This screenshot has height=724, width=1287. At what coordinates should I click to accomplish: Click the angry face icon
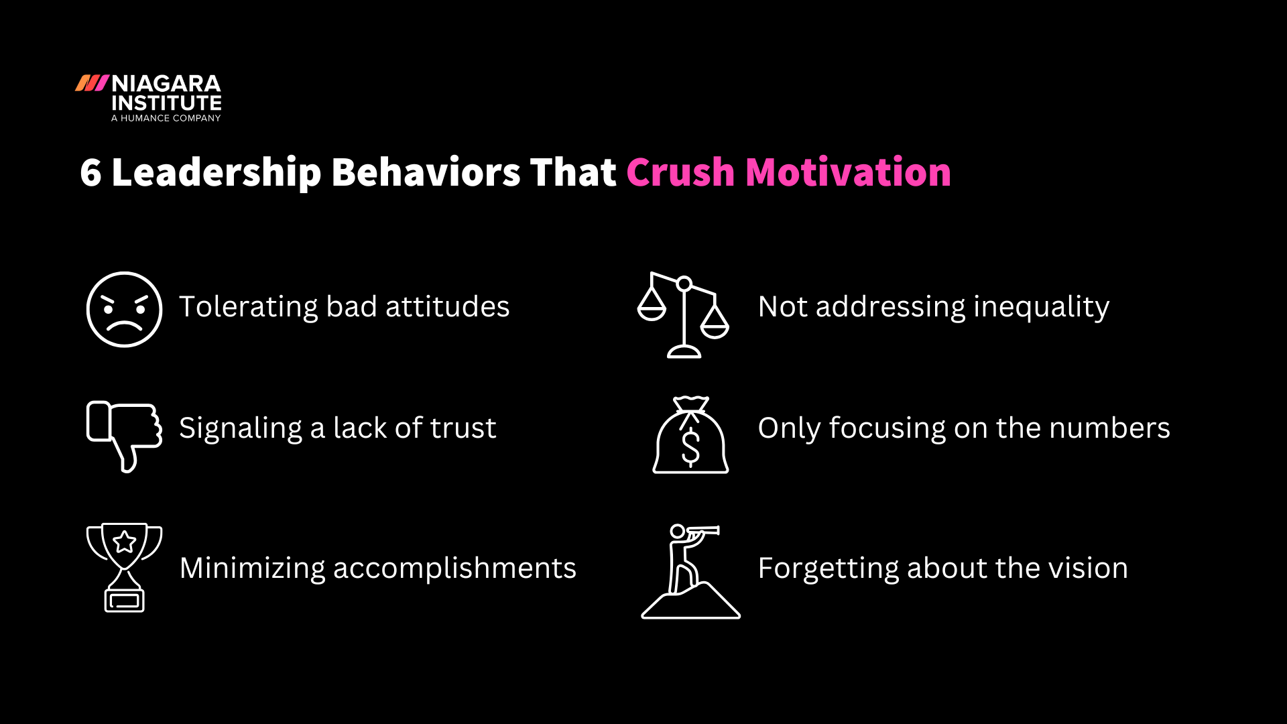pos(124,309)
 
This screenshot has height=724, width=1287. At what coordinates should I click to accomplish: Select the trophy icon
pos(124,567)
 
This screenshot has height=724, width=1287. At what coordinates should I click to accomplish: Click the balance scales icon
pos(683,314)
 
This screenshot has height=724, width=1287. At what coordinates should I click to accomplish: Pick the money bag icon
pos(690,436)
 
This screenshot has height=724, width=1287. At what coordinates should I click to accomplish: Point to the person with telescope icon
pos(690,571)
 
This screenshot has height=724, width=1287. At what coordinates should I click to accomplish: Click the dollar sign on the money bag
pos(690,447)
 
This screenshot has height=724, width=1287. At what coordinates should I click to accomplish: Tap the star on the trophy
pos(125,542)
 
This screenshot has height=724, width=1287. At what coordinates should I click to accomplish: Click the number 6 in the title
pos(90,172)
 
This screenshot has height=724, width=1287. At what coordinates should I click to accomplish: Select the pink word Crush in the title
pos(680,172)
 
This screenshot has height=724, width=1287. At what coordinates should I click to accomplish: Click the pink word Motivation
pos(848,172)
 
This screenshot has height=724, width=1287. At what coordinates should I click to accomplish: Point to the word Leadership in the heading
pos(216,172)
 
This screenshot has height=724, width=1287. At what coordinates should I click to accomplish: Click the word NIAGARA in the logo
pos(166,84)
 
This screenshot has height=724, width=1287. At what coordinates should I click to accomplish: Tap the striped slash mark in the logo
pos(92,83)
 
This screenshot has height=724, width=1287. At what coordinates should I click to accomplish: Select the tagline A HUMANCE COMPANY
pos(166,118)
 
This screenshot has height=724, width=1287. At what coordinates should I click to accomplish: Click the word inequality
pos(1041,307)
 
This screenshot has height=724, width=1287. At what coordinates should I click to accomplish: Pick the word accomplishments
pos(454,568)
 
